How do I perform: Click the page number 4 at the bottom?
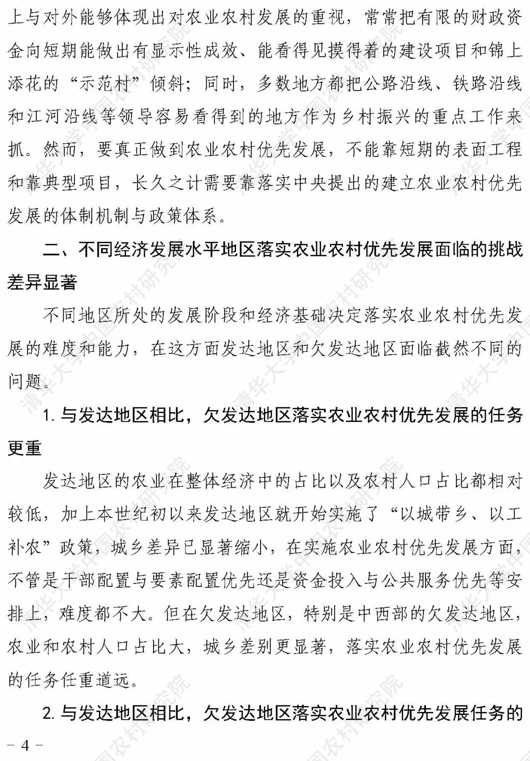25,745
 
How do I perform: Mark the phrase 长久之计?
166,183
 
